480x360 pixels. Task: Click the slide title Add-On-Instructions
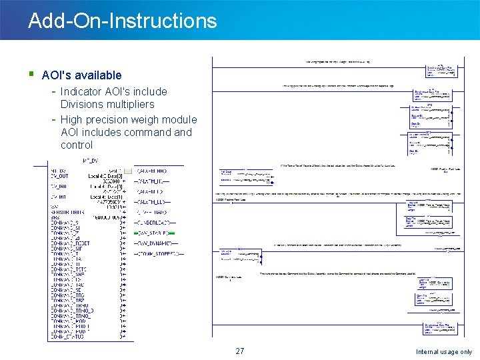pyautogui.click(x=123, y=21)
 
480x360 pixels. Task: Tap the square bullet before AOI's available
pyautogui.click(x=31, y=75)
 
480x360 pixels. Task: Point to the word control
pyautogui.click(x=77, y=145)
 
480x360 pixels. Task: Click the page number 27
pyautogui.click(x=240, y=351)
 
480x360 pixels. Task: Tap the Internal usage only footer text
pyautogui.click(x=443, y=352)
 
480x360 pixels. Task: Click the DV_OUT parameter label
pyautogui.click(x=63, y=176)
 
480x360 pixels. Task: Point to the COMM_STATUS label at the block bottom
pyautogui.click(x=67, y=337)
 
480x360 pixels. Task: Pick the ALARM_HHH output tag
pyautogui.click(x=154, y=171)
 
